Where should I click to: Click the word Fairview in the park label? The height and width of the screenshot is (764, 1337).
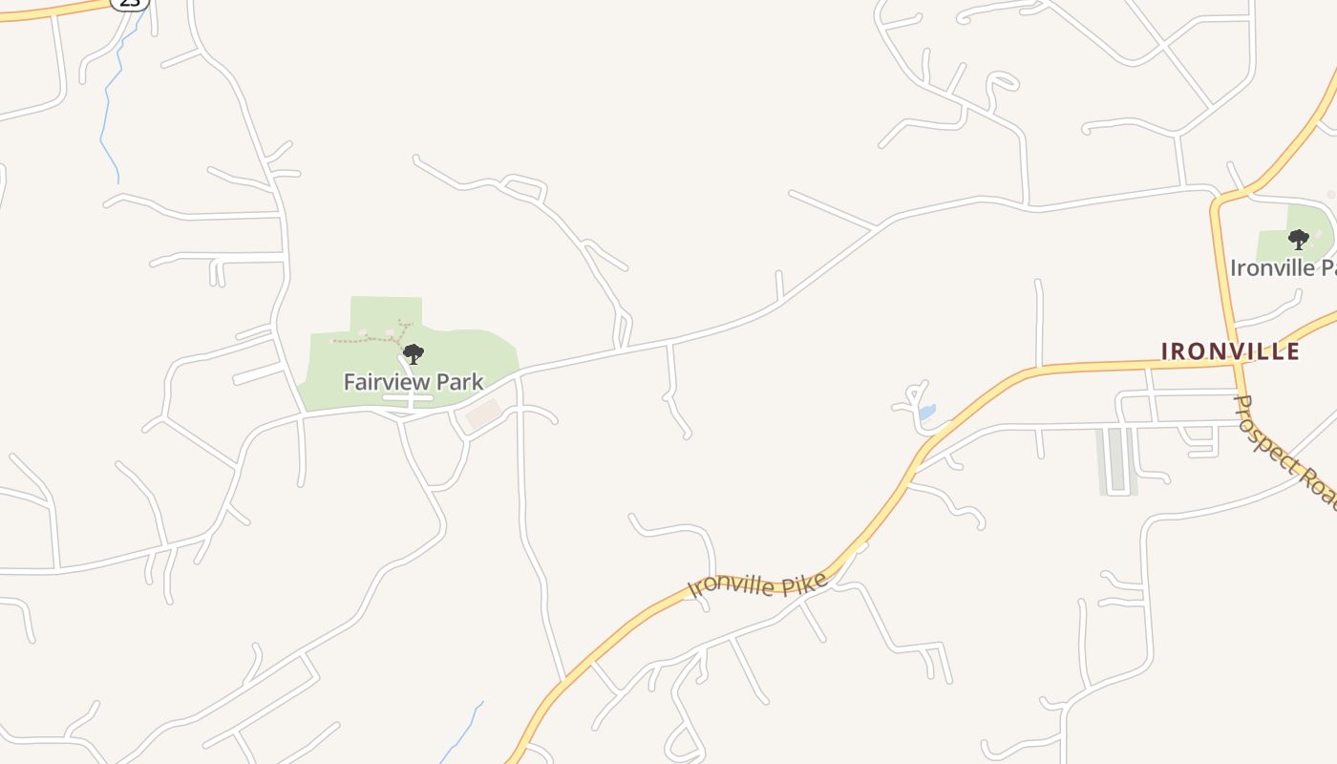point(386,382)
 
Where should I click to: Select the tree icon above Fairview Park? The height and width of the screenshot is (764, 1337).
point(413,355)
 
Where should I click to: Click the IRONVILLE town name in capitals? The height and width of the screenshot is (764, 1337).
point(1230,351)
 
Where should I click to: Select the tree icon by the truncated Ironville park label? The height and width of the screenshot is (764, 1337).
point(1298,240)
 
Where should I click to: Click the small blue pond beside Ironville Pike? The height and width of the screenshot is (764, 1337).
point(926,413)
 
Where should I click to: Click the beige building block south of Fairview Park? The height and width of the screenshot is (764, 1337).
point(483,414)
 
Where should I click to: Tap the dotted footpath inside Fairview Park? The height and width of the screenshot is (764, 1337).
point(372,338)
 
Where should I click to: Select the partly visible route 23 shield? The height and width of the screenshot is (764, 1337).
point(129,3)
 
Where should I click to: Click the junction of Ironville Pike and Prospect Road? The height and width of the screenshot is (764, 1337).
point(1238,363)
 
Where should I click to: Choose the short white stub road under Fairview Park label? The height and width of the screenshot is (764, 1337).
point(409,398)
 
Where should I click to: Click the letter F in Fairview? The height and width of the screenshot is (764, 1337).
point(349,382)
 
